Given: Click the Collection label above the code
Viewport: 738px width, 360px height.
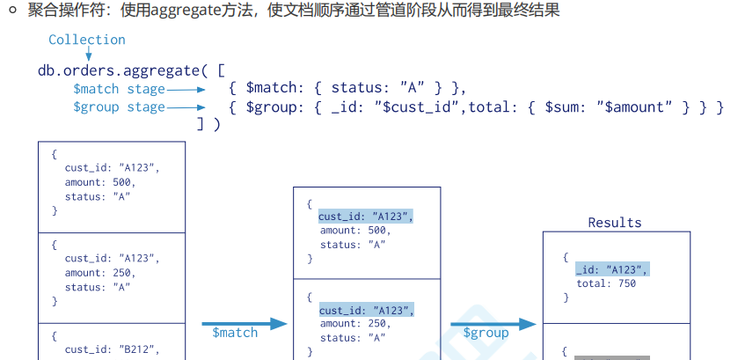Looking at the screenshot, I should point(86,40).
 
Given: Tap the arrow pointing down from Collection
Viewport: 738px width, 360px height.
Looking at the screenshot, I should point(88,55).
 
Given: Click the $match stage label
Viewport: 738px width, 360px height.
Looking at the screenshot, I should point(119,89).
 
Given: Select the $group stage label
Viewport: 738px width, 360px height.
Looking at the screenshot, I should point(119,107).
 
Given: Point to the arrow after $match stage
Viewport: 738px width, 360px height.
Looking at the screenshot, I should point(187,89).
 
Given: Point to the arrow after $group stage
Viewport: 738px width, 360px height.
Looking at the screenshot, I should point(187,107).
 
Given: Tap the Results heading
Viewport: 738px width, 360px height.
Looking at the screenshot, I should point(615,223).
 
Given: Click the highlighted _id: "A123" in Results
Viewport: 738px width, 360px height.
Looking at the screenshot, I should point(612,269).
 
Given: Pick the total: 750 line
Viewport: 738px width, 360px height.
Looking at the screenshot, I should point(606,283).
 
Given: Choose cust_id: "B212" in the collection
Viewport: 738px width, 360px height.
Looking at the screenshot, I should point(113,349).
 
